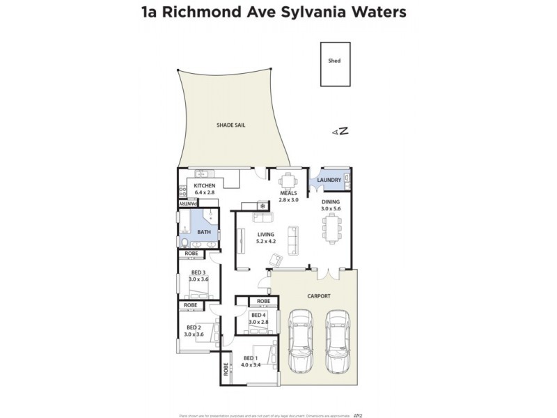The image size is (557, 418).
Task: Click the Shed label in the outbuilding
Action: (x=334, y=61)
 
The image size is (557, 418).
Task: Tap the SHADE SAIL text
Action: (x=230, y=125)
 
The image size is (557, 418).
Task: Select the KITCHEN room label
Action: (x=205, y=186)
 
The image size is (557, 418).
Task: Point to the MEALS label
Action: (x=289, y=193)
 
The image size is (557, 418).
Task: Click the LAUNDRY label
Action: (x=329, y=180)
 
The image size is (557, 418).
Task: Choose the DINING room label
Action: (x=331, y=201)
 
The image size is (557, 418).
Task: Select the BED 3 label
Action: (x=198, y=272)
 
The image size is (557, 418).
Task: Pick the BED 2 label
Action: (x=194, y=327)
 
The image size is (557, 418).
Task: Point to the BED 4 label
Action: (x=259, y=316)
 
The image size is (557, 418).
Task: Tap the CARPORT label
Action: (x=319, y=296)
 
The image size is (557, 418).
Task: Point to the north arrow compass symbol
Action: (x=340, y=132)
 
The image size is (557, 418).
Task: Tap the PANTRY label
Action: (x=188, y=203)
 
